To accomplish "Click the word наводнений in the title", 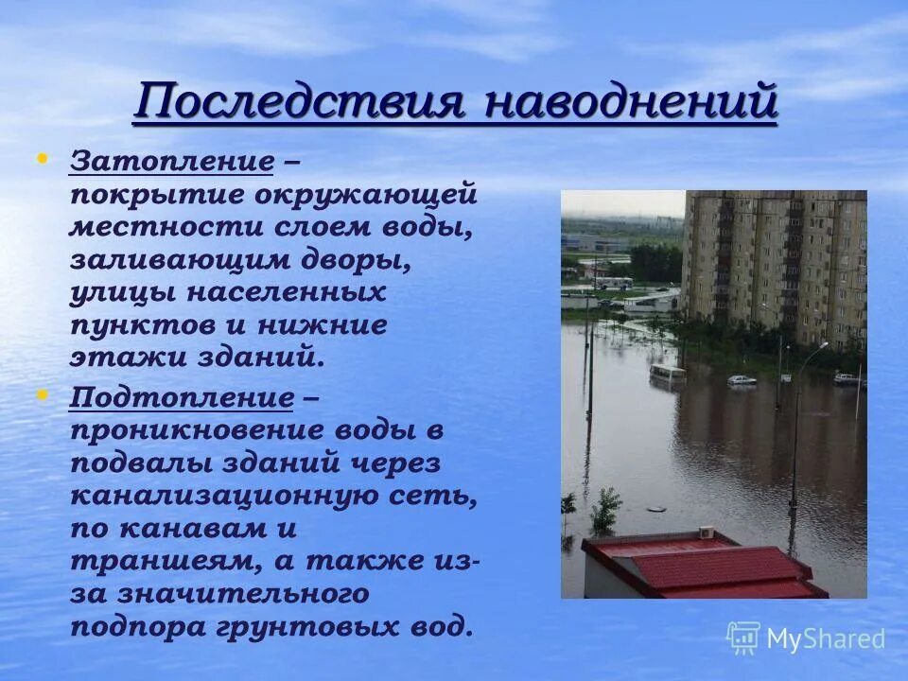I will pyautogui.click(x=630, y=101).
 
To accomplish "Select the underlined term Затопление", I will pyautogui.click(x=171, y=161).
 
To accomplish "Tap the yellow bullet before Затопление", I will pyautogui.click(x=41, y=158).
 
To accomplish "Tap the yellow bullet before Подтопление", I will pyautogui.click(x=41, y=393).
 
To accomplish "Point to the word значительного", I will pyautogui.click(x=241, y=593).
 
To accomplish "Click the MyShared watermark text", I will pyautogui.click(x=826, y=638).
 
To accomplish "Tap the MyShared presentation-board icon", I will pyautogui.click(x=743, y=638).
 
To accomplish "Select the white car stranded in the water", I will pyautogui.click(x=742, y=380).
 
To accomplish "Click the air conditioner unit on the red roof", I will pyautogui.click(x=707, y=533).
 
